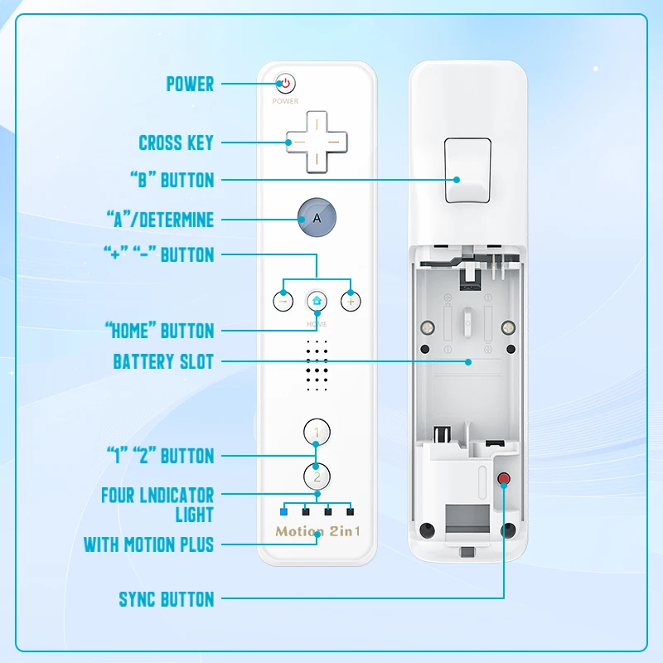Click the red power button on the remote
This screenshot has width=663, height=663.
point(285,84)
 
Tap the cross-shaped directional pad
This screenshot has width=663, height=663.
point(317,142)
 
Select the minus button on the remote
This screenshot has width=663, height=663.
point(284,301)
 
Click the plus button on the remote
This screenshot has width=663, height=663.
point(351,301)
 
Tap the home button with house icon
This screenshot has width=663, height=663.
point(317,301)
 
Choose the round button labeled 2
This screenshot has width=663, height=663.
point(317,477)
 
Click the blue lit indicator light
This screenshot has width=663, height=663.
point(284,511)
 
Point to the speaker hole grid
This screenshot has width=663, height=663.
point(317,365)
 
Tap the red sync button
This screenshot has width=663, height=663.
point(503,479)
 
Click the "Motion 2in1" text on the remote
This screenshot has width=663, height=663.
point(317,531)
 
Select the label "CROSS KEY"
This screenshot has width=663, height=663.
point(176,143)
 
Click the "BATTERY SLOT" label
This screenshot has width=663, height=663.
point(163,362)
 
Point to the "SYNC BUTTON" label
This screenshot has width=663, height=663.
point(166,599)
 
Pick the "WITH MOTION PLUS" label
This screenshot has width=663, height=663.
point(148,544)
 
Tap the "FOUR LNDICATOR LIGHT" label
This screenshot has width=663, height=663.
point(157,505)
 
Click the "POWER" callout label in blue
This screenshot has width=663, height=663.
point(190,84)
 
